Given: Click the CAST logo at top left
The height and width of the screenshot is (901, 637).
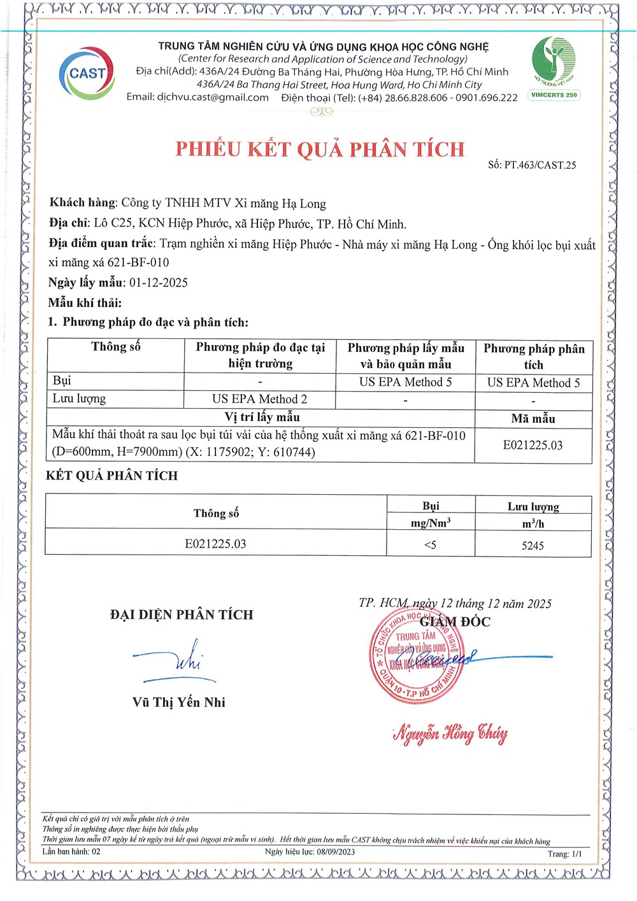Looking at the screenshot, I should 87,73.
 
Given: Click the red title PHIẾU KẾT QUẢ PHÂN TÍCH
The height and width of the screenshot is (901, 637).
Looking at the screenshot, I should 320,150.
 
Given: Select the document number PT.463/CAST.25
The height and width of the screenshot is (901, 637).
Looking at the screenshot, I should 540,165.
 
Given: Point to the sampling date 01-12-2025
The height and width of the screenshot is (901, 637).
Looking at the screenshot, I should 159,283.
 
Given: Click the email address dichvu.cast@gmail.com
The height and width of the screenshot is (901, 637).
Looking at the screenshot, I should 213,97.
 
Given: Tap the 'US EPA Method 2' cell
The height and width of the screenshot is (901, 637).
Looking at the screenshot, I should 259,399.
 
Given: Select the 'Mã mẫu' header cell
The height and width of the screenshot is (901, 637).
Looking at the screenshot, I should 533,418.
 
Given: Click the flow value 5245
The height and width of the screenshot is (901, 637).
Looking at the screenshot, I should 533,546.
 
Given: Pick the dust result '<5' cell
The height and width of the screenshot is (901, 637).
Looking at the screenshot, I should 431,545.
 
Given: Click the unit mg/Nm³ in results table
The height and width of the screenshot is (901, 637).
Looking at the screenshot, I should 431,523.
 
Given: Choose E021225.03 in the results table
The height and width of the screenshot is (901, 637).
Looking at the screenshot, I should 215,544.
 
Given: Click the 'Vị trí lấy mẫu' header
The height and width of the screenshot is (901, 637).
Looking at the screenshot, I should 262,417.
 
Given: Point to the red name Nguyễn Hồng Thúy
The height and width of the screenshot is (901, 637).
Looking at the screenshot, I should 450,734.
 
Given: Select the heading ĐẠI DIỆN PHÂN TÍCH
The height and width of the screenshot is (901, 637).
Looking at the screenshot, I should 182,614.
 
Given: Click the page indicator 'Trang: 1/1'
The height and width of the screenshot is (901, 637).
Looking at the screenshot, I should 565,854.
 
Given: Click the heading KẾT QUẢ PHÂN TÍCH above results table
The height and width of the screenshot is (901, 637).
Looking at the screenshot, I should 112,476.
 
